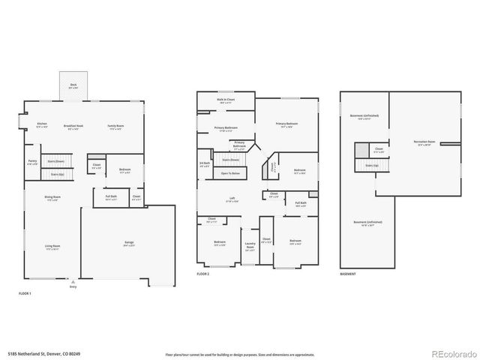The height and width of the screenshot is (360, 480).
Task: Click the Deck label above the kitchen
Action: tap(73, 86)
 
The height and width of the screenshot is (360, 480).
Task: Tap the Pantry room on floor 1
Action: tap(32, 162)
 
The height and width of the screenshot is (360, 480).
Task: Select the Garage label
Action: tap(129, 243)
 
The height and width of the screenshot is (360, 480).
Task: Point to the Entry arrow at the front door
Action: tap(73, 282)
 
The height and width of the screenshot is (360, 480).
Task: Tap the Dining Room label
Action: tap(52, 199)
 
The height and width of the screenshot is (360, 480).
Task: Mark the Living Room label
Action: tap(52, 247)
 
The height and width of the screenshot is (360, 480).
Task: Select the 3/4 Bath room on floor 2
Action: tap(204, 164)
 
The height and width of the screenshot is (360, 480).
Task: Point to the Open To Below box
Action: tap(230, 173)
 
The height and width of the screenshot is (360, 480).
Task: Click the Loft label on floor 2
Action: tap(232, 199)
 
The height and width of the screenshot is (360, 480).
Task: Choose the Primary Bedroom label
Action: tap(286, 124)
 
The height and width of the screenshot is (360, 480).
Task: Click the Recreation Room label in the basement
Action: tap(424, 142)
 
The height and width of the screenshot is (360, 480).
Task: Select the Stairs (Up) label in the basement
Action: tap(371, 165)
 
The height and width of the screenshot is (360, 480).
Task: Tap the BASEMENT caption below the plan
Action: tap(348, 274)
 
